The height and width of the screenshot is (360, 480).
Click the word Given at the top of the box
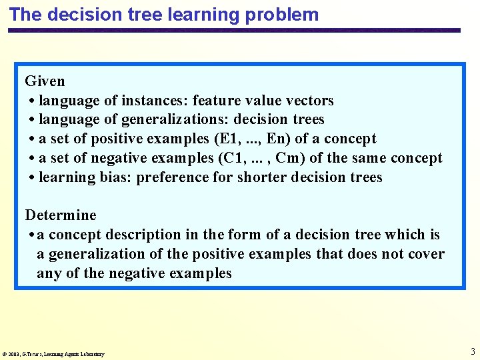tap(45, 81)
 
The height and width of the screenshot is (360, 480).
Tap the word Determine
tap(61, 215)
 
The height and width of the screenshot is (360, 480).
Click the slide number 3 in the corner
tap(472, 351)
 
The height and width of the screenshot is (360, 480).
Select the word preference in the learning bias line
tap(169, 177)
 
